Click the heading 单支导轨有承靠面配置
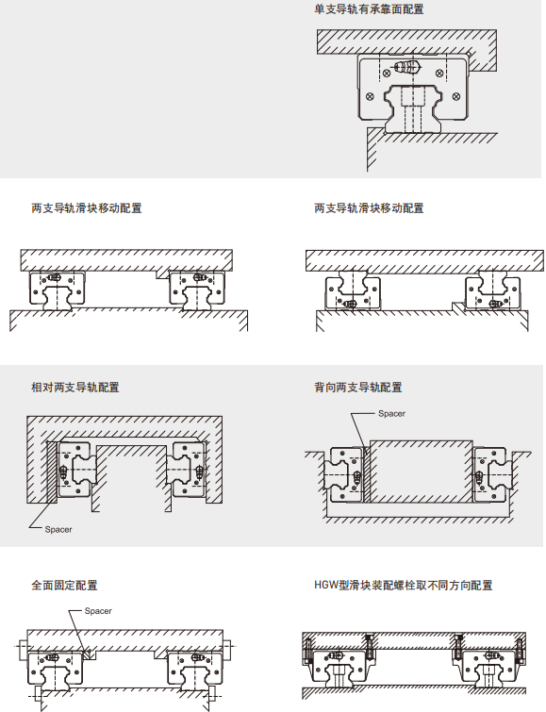coord(369,9)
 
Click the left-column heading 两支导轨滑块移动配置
coord(87,208)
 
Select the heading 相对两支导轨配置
coord(74,388)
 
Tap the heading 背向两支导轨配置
coord(358,388)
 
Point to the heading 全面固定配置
coord(64,586)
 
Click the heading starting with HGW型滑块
coord(404,586)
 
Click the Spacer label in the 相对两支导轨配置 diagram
coord(58,529)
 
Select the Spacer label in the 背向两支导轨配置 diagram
coord(391,414)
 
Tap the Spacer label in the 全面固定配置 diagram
coord(98,611)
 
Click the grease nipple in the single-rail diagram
coord(407,67)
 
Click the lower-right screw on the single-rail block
coord(456,96)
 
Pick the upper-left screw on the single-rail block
coord(387,73)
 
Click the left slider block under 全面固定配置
coord(56,668)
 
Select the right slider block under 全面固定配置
coord(195,668)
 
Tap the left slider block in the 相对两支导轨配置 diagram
coord(76,469)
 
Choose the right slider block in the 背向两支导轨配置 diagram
coord(491,474)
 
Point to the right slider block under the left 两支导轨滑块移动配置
coord(197,289)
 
